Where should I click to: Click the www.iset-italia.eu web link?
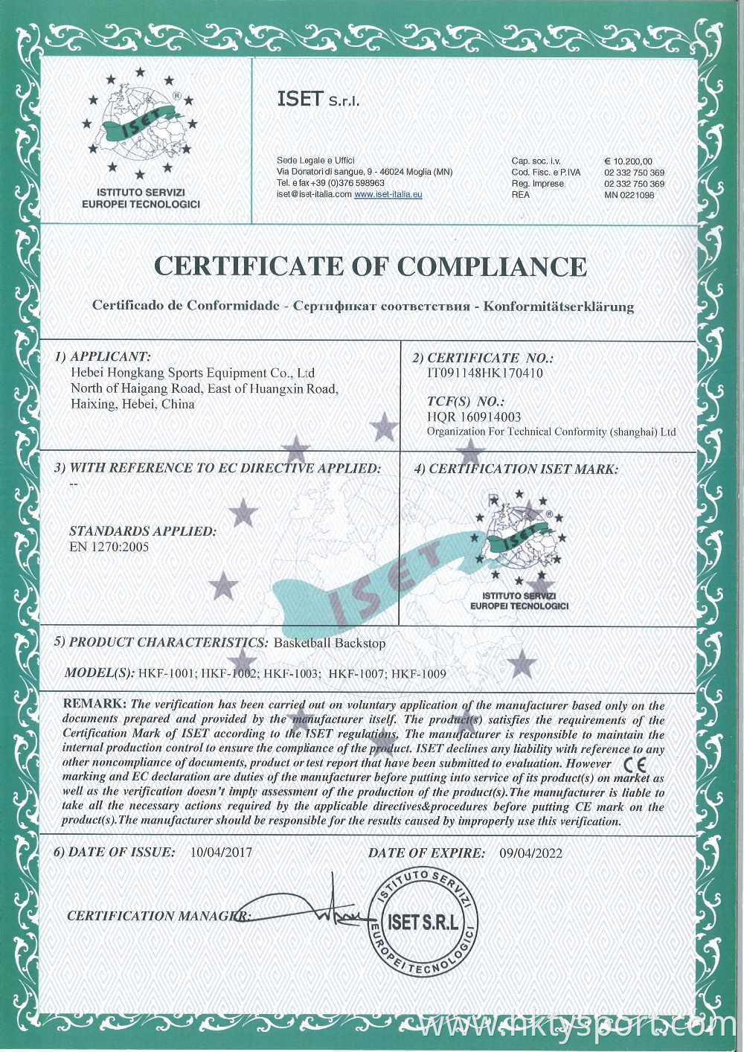pyautogui.click(x=388, y=194)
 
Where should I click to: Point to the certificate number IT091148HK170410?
pyautogui.click(x=485, y=373)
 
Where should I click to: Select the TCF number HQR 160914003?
pyautogui.click(x=474, y=417)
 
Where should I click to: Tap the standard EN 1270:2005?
pyautogui.click(x=109, y=547)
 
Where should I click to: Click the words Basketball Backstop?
pyautogui.click(x=330, y=643)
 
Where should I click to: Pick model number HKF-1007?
pyautogui.click(x=356, y=674)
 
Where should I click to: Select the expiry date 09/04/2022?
pyautogui.click(x=531, y=853)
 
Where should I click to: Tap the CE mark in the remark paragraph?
pyautogui.click(x=635, y=764)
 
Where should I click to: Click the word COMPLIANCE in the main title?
pyautogui.click(x=492, y=266)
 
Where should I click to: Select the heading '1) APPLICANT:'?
pyautogui.click(x=103, y=357)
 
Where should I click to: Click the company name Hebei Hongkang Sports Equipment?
pyautogui.click(x=193, y=373)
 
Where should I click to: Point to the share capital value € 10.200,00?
pyautogui.click(x=629, y=161)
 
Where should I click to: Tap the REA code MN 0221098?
pyautogui.click(x=629, y=195)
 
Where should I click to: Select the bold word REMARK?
pyautogui.click(x=94, y=704)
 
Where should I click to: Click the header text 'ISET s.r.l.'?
pyautogui.click(x=318, y=99)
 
